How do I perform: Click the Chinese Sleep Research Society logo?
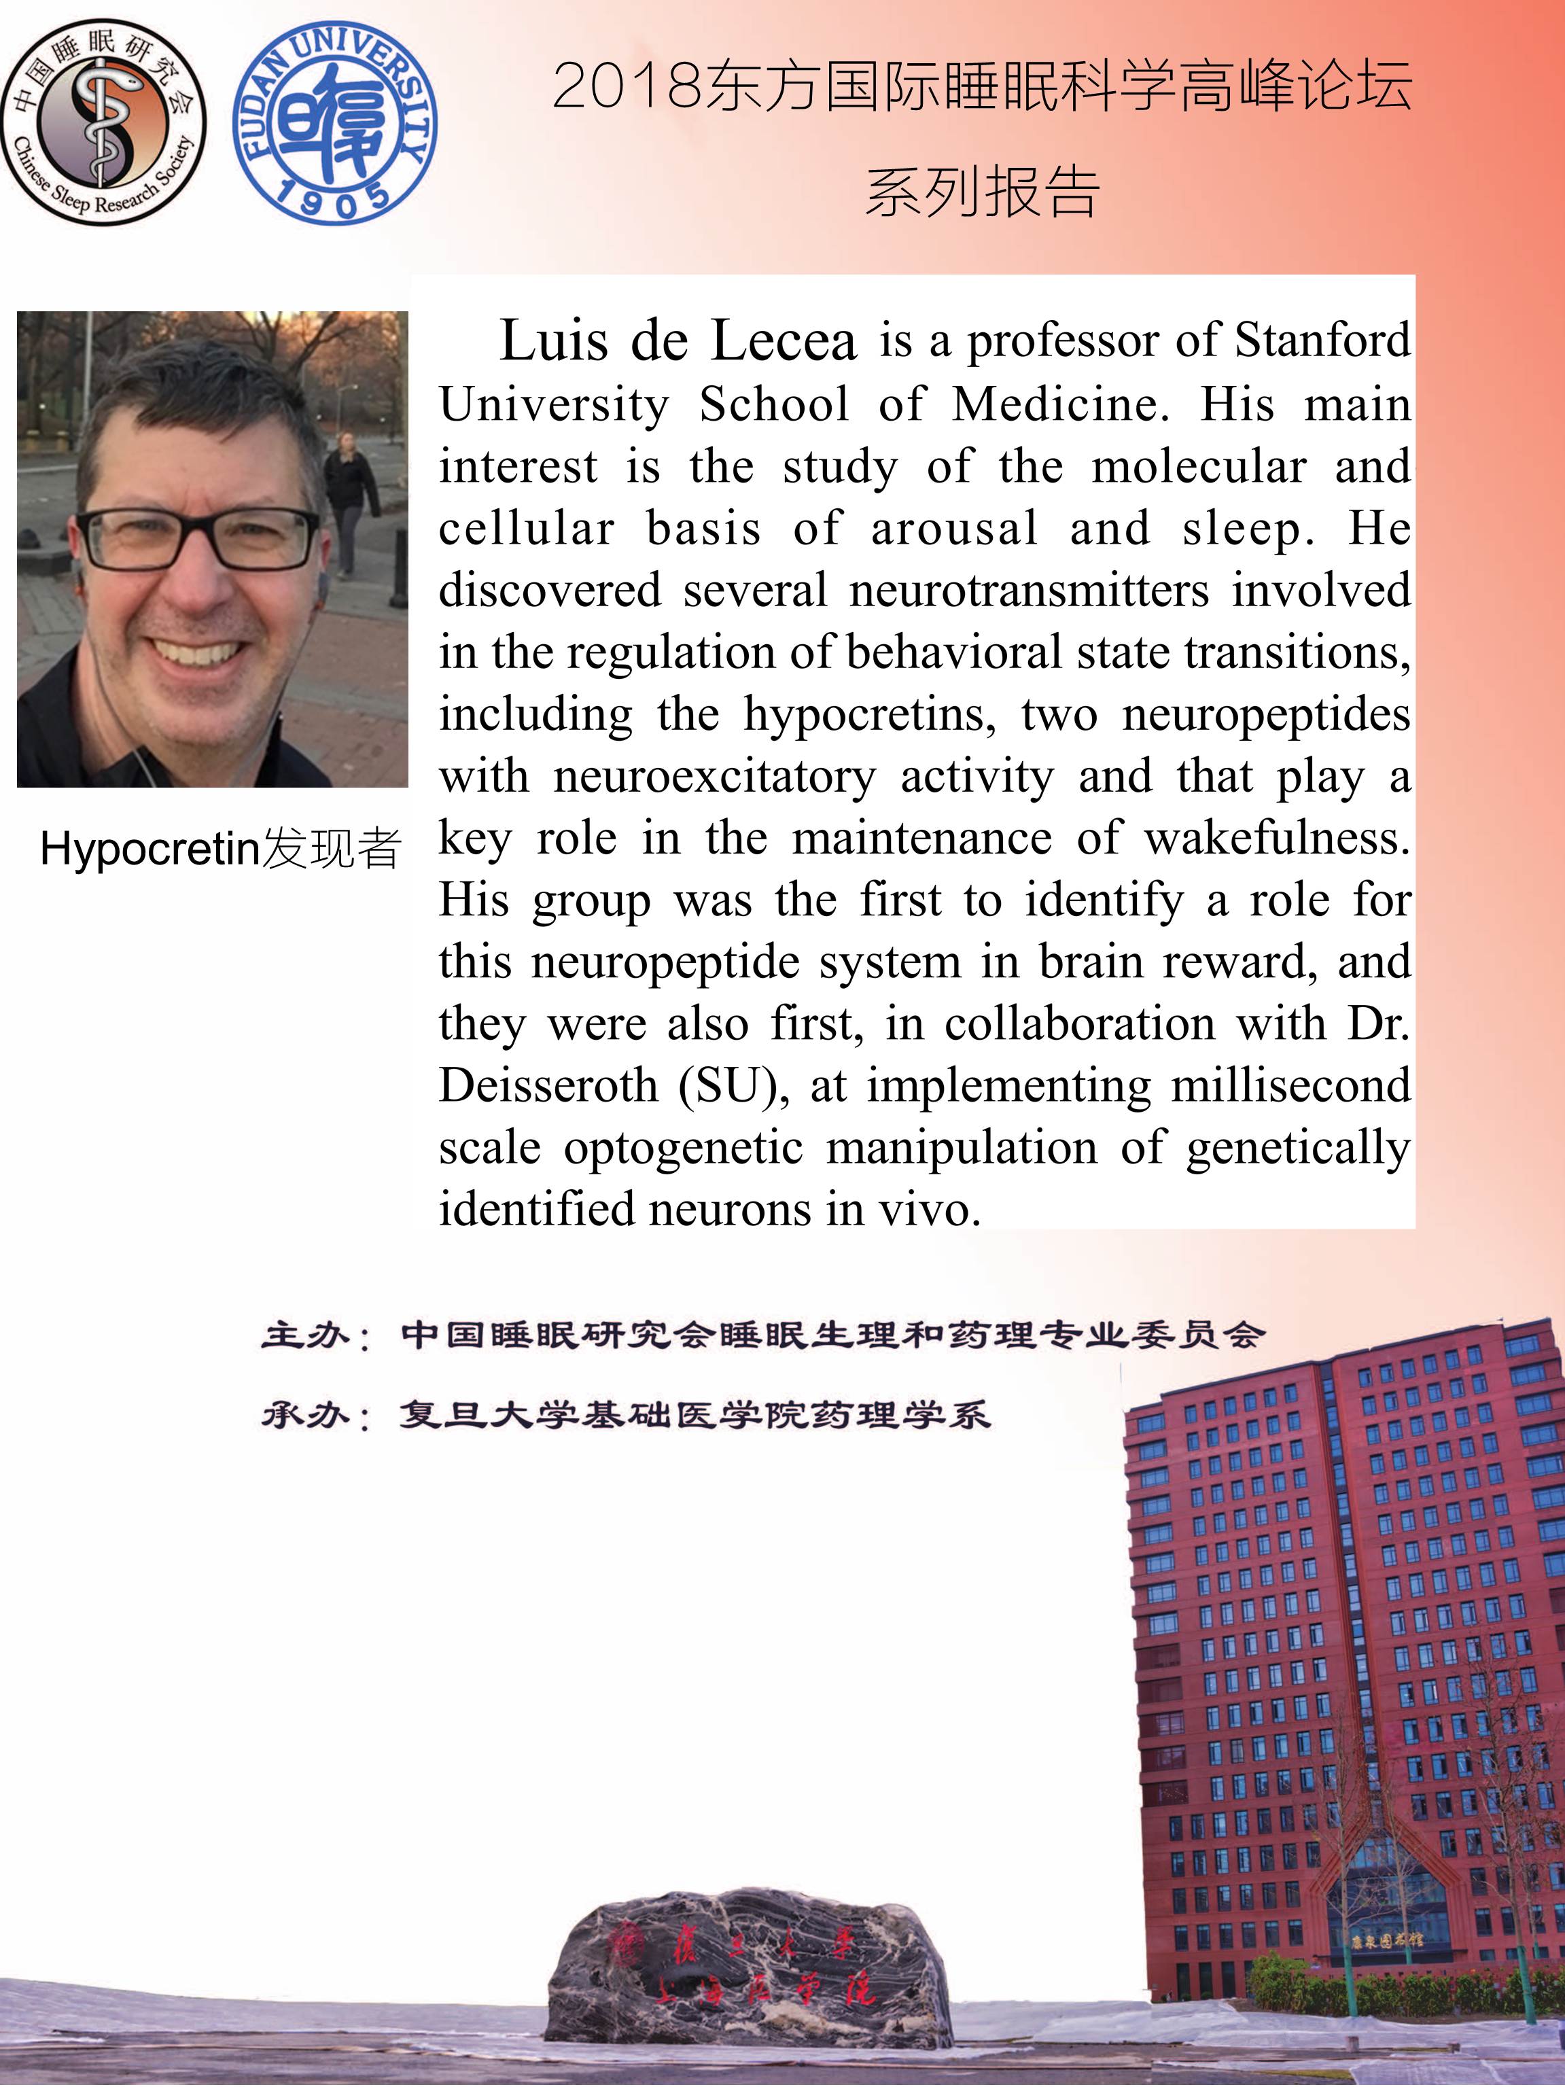(x=104, y=121)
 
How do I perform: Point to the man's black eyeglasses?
(x=199, y=538)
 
